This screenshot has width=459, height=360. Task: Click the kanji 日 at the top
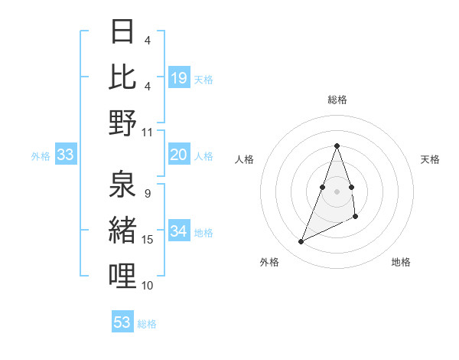pos(122,33)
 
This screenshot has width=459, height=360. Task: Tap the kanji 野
pos(122,123)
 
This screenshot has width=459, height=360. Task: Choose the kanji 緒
pos(122,231)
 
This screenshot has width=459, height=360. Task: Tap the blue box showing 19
pos(179,77)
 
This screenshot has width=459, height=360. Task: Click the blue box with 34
pos(179,231)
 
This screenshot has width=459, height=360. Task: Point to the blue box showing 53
pos(122,322)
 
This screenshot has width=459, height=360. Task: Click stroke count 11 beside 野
pos(148,132)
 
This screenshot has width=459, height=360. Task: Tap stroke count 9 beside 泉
pos(147,193)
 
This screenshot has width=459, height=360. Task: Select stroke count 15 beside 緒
pos(148,240)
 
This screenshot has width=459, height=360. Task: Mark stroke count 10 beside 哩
pos(148,285)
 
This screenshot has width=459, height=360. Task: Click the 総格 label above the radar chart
pos(337,100)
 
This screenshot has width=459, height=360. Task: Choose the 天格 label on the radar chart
pos(431,159)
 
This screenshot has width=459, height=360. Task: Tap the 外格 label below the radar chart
pos(269,262)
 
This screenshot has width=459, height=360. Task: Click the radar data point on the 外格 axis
pos(301,242)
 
